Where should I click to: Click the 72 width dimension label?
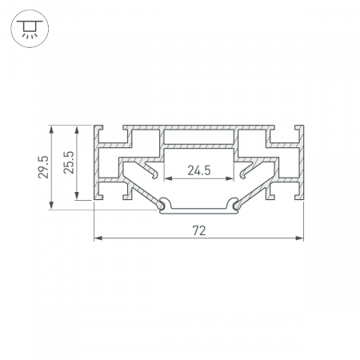click(x=199, y=230)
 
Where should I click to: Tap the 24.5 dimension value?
click(x=199, y=170)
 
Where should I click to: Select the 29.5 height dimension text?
click(x=43, y=167)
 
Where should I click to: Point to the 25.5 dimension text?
click(x=69, y=162)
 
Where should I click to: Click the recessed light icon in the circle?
click(x=30, y=29)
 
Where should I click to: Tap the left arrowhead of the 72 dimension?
click(x=98, y=238)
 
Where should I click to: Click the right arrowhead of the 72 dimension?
click(x=300, y=238)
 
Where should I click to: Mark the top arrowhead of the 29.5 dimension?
click(x=51, y=130)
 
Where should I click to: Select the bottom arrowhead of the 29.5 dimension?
click(x=51, y=205)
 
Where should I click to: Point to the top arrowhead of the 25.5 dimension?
click(x=77, y=130)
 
